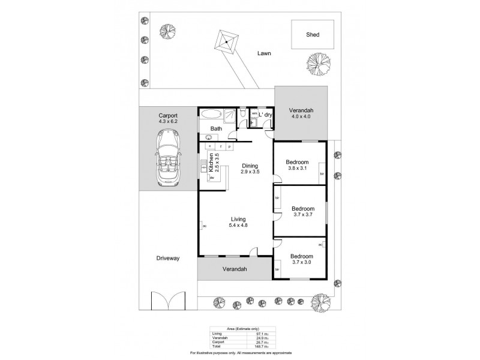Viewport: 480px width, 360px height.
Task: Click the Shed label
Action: pos(312,35)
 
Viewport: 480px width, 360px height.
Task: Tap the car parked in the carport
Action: pos(169,160)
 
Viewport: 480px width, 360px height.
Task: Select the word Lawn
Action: pos(264,53)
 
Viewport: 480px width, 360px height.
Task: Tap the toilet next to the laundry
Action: pos(241,115)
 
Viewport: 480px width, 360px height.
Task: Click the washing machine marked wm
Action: pos(254,113)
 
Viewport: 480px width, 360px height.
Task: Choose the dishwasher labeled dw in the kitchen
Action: pos(213,178)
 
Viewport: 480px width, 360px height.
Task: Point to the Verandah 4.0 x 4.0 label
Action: pos(301,113)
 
